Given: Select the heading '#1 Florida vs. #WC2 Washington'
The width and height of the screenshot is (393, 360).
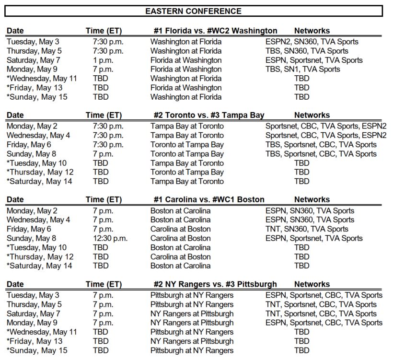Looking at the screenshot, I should click(x=215, y=31).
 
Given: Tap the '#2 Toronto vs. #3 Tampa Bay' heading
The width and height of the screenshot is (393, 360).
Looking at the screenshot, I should click(x=208, y=115).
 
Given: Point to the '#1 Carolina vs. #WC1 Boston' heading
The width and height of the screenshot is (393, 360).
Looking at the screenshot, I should click(x=208, y=199).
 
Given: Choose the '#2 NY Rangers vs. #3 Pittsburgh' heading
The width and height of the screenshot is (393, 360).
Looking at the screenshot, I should click(x=215, y=284).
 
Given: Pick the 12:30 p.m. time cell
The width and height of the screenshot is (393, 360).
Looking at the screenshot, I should click(x=110, y=238).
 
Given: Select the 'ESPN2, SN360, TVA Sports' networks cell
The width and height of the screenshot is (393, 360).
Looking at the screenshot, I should click(x=312, y=42).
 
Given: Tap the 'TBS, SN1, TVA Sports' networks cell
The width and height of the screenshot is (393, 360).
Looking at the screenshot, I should click(x=309, y=69).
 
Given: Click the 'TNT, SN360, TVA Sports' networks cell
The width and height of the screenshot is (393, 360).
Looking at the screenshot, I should click(x=307, y=229).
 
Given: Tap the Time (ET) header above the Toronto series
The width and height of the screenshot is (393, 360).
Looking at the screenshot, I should click(x=104, y=115).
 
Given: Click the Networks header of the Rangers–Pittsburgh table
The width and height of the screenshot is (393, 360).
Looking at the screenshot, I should click(x=312, y=284).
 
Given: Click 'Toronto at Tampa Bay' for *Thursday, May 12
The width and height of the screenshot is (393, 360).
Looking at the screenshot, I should click(x=187, y=172).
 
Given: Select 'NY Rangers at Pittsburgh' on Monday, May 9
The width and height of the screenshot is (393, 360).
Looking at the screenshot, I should click(x=192, y=323).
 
